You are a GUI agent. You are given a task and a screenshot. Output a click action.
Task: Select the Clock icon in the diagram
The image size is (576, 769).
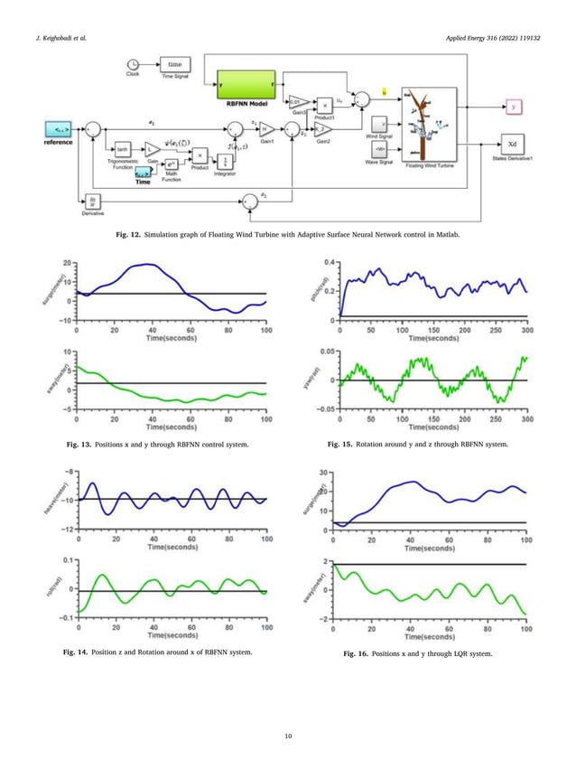tap(133, 63)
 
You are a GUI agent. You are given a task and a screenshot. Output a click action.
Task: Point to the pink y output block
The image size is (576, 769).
tap(514, 107)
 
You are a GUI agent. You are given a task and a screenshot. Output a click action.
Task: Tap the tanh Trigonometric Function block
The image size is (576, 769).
tap(120, 148)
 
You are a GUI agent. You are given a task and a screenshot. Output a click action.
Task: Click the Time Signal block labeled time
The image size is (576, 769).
tap(175, 64)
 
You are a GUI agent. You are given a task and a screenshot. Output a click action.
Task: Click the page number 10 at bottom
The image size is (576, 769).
tap(287, 737)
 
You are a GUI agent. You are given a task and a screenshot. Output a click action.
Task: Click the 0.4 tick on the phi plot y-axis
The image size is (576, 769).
tap(330, 262)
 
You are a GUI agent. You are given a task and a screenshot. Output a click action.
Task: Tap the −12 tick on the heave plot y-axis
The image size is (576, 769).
tap(67, 528)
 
